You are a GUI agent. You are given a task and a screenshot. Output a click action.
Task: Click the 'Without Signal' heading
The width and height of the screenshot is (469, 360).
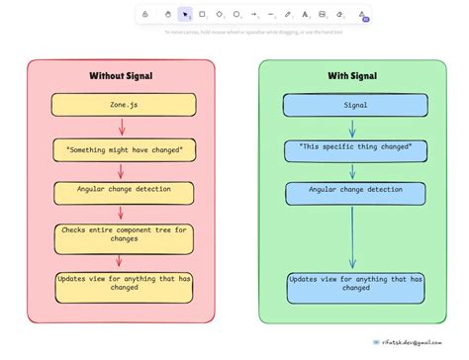click(x=120, y=76)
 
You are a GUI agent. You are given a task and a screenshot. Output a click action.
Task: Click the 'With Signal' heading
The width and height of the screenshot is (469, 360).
click(x=353, y=76)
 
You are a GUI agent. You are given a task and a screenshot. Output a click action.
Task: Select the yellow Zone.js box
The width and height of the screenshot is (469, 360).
click(x=120, y=104)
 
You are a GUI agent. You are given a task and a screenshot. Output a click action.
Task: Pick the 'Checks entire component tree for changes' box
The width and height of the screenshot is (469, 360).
click(x=120, y=237)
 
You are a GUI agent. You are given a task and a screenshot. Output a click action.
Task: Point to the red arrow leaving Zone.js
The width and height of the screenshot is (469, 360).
click(x=121, y=127)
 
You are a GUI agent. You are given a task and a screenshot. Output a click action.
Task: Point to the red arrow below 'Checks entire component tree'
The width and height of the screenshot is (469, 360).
click(x=121, y=261)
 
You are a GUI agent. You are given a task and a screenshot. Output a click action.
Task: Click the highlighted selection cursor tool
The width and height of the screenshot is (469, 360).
click(x=184, y=15)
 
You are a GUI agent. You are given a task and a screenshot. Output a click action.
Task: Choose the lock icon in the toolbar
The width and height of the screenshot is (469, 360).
click(x=145, y=15)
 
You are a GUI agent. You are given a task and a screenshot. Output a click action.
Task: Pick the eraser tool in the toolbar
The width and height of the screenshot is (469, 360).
click(x=339, y=15)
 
